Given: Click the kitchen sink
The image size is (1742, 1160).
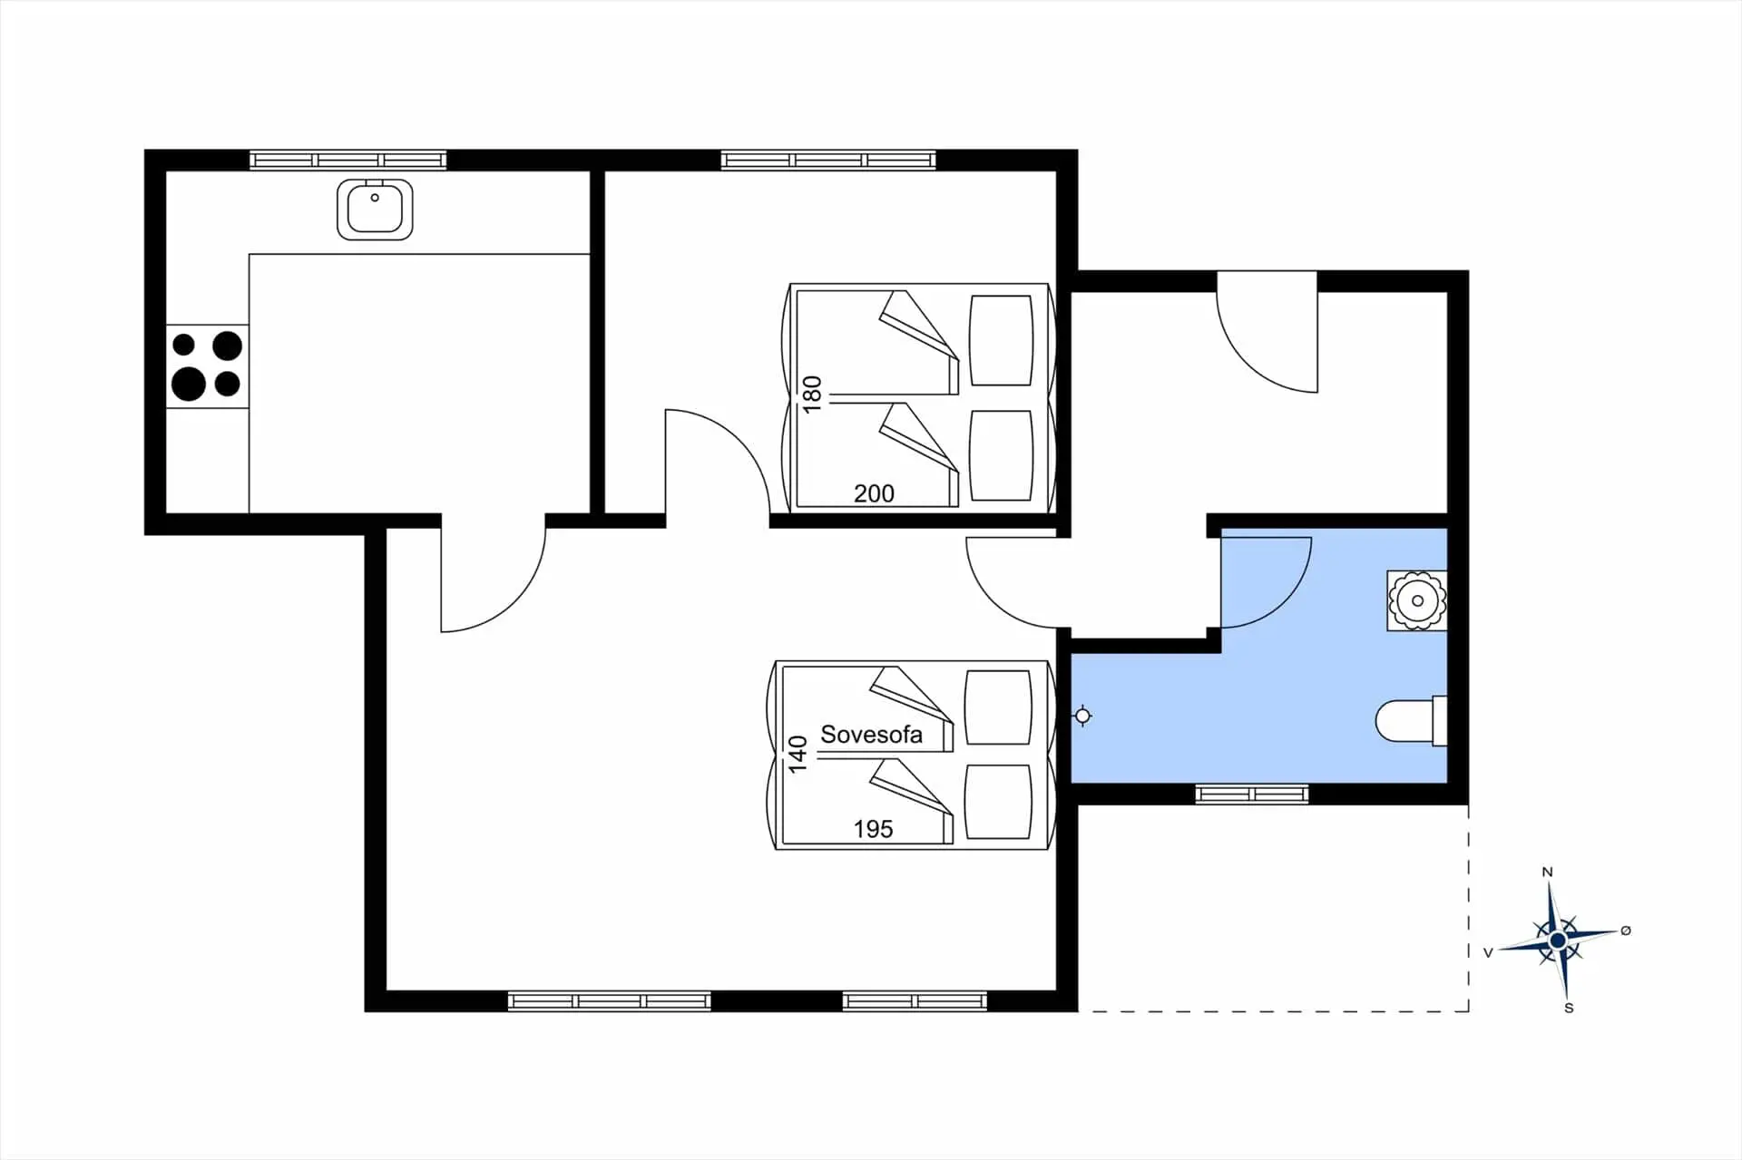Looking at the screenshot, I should tap(375, 210).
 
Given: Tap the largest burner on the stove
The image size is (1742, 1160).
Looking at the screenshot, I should tap(189, 384).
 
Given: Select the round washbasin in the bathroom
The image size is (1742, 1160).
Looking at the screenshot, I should tap(1416, 600).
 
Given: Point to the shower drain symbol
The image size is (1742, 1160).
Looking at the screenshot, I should tap(1082, 716).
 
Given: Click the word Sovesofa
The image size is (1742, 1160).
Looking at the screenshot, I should tap(871, 735).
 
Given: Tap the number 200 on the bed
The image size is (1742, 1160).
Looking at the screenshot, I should tap(874, 493).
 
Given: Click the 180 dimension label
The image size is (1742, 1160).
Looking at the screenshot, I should tap(812, 394).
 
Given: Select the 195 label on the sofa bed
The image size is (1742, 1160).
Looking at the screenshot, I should tap(873, 829).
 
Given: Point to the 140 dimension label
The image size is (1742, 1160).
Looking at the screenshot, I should tap(798, 754).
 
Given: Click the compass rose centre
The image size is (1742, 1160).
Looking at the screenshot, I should tap(1558, 941).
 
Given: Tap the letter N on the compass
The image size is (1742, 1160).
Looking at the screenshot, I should tap(1548, 872).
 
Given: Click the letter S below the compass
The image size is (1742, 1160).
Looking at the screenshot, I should tap(1569, 1008).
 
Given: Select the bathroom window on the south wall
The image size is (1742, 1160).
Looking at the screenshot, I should tap(1251, 794).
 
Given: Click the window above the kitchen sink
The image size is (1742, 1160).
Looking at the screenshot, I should tap(348, 161).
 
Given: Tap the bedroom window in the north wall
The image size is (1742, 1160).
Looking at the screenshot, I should tap(828, 161).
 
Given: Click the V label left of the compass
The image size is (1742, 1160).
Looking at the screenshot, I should tap(1488, 953).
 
